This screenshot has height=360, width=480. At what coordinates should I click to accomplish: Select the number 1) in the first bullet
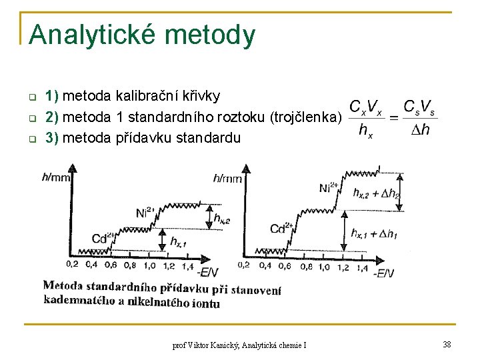click(x=53, y=96)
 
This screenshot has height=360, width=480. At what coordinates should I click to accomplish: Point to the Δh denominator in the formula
click(x=419, y=130)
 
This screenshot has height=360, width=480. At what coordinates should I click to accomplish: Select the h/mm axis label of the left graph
click(x=56, y=177)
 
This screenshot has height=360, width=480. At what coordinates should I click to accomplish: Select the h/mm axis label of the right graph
click(x=227, y=177)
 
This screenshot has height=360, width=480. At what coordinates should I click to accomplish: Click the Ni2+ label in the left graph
click(x=145, y=213)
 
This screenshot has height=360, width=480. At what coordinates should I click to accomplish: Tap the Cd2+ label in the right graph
click(x=281, y=229)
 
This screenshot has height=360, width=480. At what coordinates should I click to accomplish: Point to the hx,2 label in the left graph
click(x=222, y=218)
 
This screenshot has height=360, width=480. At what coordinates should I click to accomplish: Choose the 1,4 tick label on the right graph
click(x=362, y=267)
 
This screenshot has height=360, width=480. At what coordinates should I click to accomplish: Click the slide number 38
click(x=446, y=344)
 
